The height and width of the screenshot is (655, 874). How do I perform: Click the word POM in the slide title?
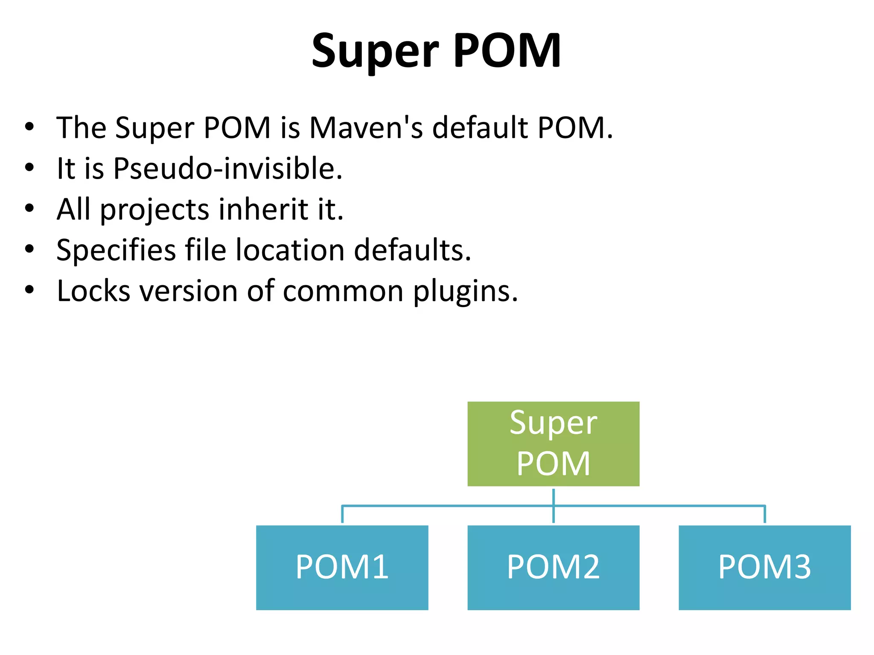[507, 51]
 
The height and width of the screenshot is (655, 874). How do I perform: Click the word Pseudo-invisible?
[227, 168]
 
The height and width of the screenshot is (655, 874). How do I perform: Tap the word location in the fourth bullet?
[290, 250]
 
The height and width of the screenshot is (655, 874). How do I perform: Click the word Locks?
[93, 291]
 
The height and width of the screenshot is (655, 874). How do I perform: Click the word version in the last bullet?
[188, 291]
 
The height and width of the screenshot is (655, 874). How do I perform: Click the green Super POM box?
[553, 443]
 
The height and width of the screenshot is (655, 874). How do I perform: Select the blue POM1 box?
[342, 567]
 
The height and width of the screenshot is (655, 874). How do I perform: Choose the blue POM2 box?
[553, 567]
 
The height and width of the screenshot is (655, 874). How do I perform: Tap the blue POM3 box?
[764, 567]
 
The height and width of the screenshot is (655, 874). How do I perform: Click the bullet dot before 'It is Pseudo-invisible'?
[29, 168]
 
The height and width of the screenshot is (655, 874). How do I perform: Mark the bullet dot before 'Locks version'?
[29, 290]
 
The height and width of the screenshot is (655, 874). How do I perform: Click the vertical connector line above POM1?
[342, 514]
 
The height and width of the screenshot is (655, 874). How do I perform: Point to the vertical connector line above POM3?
[765, 514]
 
